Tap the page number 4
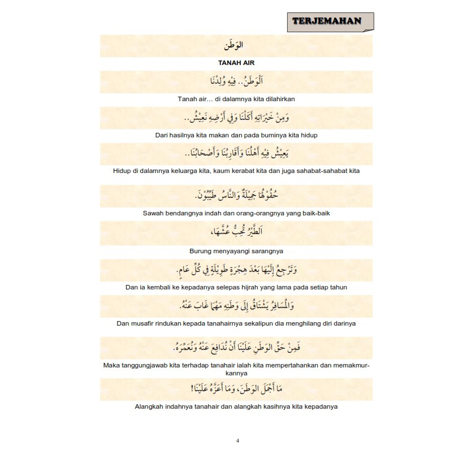click(x=237, y=441)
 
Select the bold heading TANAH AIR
click(x=236, y=63)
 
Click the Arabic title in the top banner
click(x=236, y=46)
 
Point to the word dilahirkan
click(x=278, y=99)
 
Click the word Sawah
click(x=155, y=213)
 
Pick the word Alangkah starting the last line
click(x=152, y=406)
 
